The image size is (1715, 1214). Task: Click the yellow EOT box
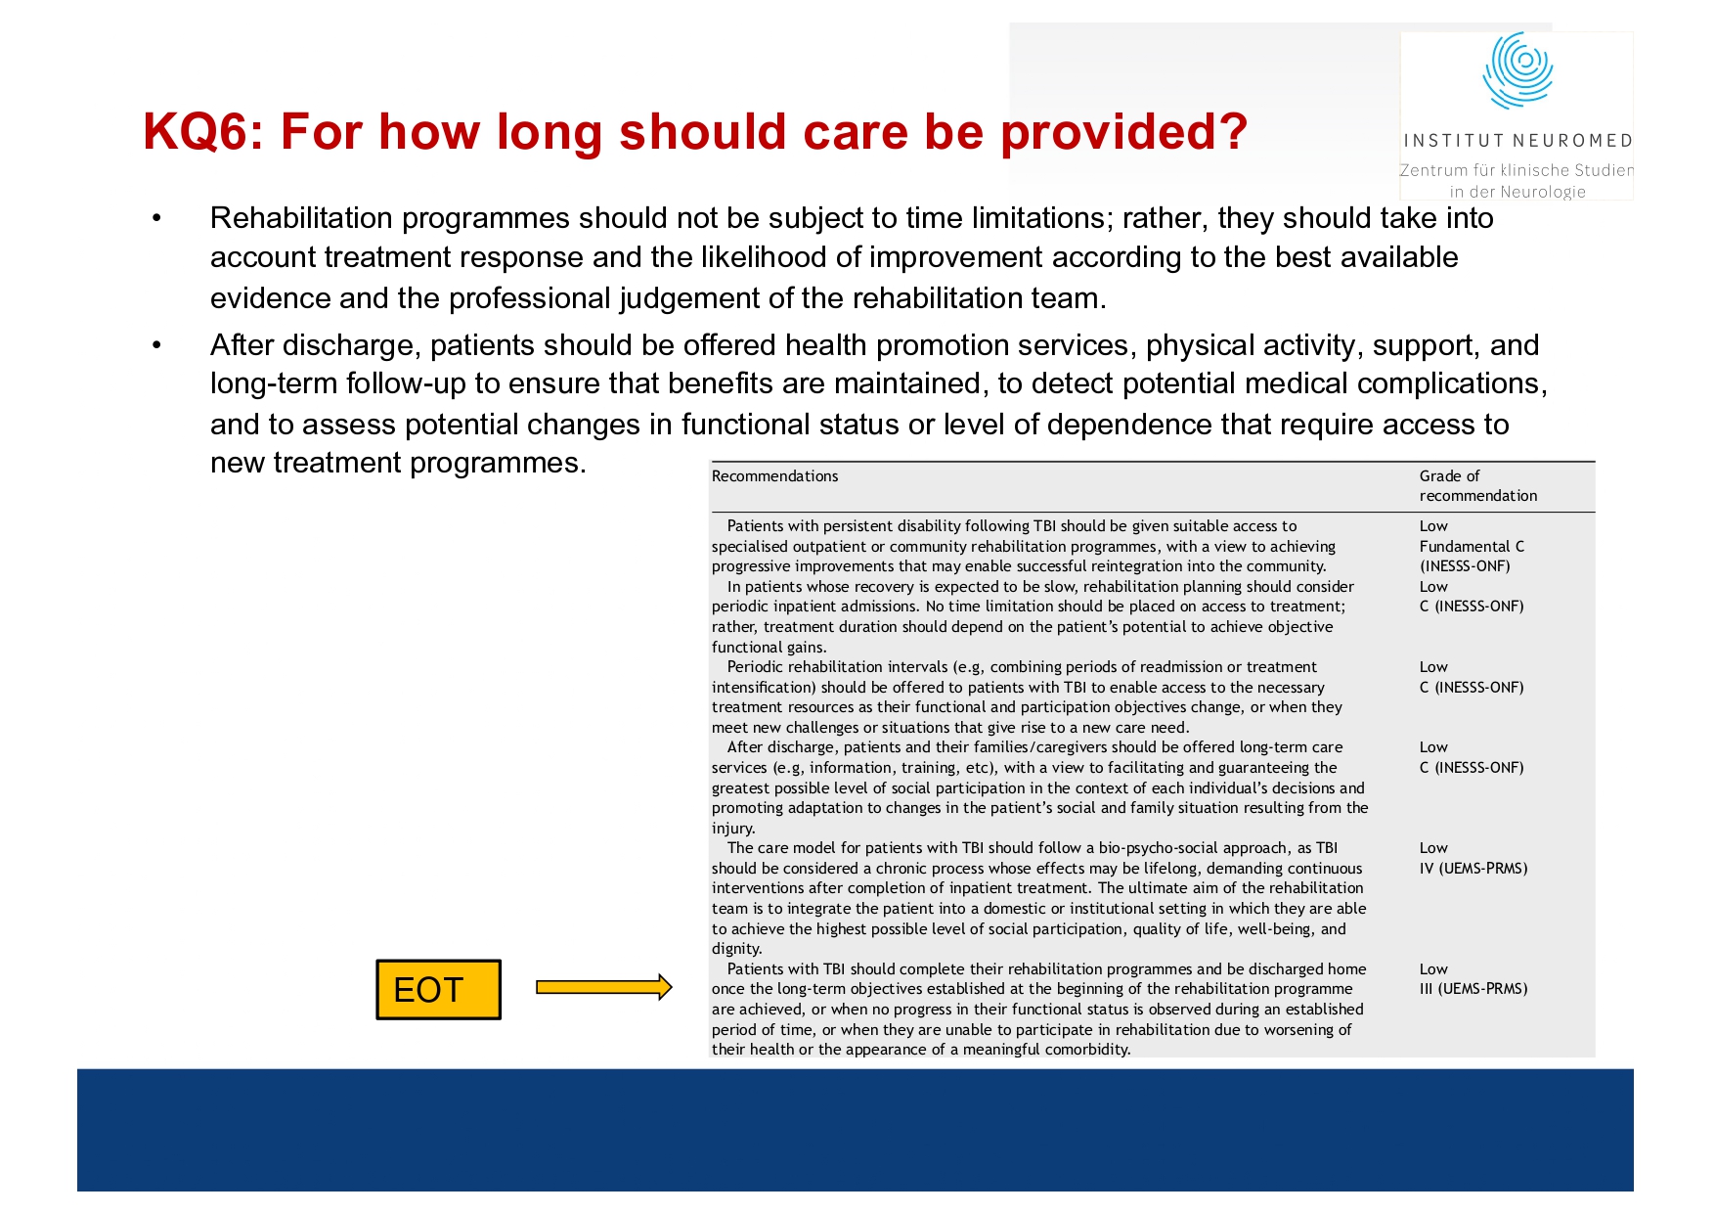pos(438,990)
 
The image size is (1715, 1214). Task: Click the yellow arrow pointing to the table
pos(603,987)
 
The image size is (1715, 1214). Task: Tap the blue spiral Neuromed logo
pos(1517,69)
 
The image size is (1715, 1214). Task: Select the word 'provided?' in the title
pos(1123,131)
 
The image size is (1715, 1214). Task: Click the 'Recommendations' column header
pos(774,476)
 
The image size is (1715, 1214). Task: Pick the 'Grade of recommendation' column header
pos(1477,486)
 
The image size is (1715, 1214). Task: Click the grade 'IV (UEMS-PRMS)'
pos(1473,869)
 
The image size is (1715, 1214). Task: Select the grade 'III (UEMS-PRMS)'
pos(1473,989)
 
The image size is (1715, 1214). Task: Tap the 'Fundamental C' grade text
pos(1472,547)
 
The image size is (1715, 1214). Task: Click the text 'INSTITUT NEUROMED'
pos(1517,141)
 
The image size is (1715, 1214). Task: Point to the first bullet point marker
pos(156,218)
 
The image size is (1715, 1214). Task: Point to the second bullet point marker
pos(156,345)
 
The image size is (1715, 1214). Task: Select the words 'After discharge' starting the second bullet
pos(314,345)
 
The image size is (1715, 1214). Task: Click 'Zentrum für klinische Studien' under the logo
pos(1517,170)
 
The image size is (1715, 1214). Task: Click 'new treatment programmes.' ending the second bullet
pos(398,463)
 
